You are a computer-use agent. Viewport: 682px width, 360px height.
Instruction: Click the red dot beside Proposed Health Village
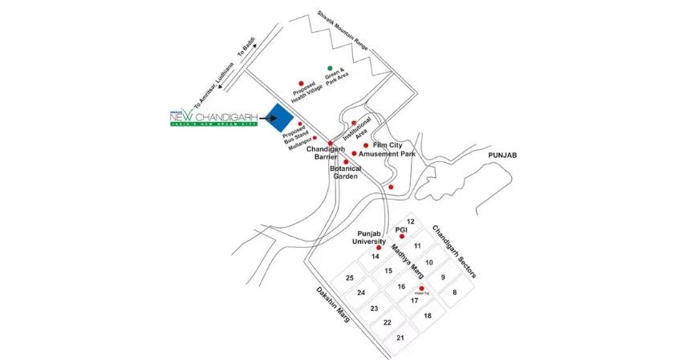point(301,83)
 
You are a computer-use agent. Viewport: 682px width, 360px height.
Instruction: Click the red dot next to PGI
point(401,237)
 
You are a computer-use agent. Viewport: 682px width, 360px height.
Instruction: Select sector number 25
point(350,277)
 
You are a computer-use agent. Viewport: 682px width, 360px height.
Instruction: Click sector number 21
point(400,338)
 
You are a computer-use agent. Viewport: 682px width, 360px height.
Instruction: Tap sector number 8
point(454,293)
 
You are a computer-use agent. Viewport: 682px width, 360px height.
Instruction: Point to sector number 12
point(410,221)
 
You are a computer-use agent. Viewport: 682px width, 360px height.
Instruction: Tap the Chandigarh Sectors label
point(454,252)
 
